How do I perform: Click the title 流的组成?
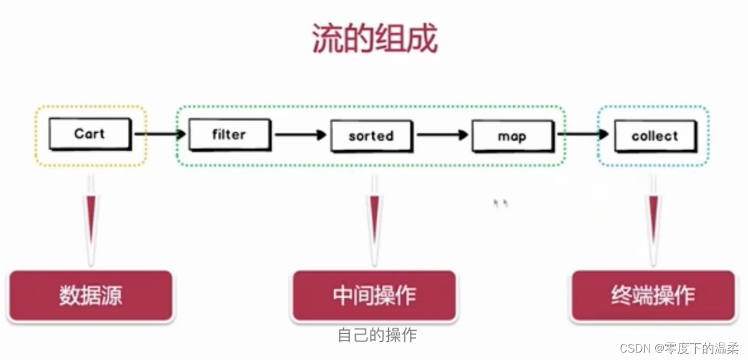pos(374,39)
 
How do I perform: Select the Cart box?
pos(90,134)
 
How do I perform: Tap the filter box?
pos(229,135)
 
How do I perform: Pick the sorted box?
pos(371,135)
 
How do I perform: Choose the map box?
pos(512,136)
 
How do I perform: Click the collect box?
pos(654,136)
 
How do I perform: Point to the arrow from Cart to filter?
pos(160,133)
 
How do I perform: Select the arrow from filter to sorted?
pos(300,135)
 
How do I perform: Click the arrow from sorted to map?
pos(442,135)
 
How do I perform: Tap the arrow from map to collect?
pos(583,133)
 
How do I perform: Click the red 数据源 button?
pos(90,295)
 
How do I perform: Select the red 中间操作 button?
pos(374,295)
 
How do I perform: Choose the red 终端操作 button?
pos(653,295)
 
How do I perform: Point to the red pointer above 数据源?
pos(92,221)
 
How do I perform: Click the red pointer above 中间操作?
pos(374,221)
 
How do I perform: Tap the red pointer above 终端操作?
pos(653,221)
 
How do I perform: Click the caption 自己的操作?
pos(377,335)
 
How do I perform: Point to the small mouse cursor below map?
pos(500,202)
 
